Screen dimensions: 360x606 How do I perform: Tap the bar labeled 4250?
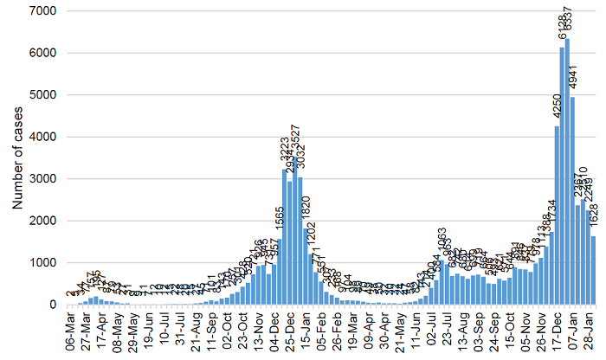[x=557, y=215]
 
